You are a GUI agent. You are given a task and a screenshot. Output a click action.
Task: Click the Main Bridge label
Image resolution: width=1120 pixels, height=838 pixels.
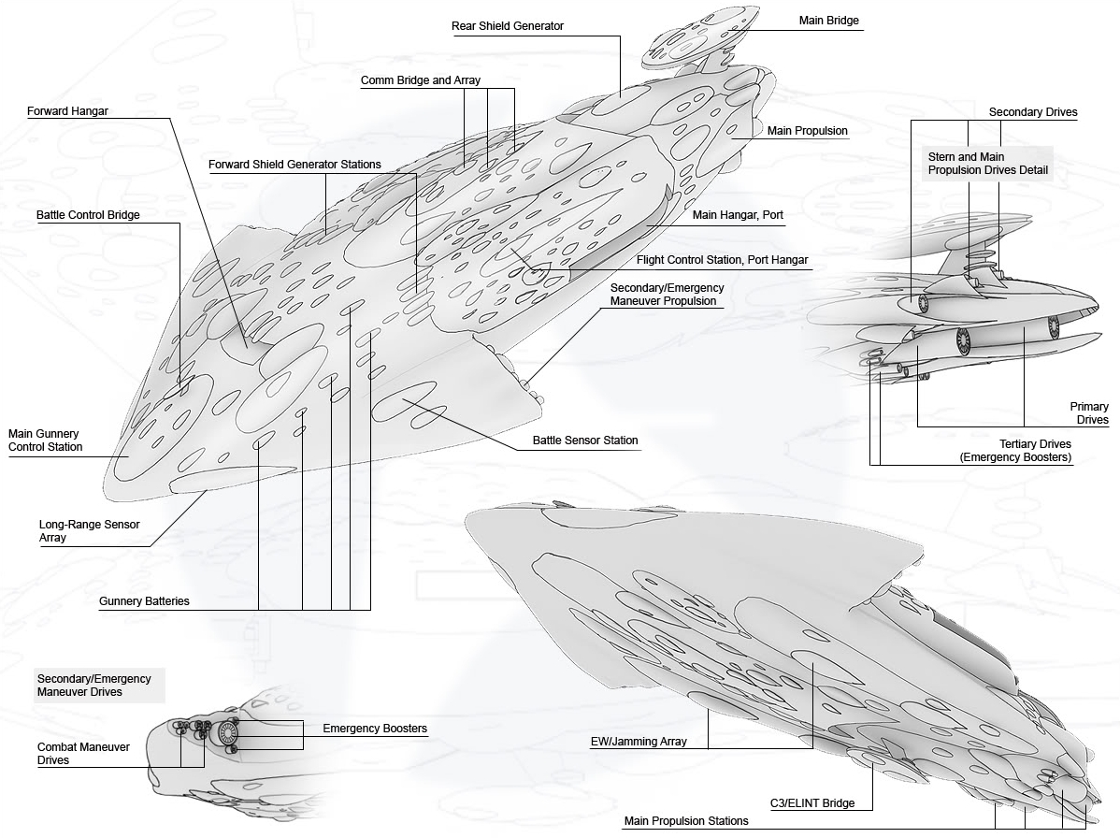(x=828, y=21)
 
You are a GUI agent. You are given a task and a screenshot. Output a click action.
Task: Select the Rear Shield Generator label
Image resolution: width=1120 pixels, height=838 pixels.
(x=507, y=25)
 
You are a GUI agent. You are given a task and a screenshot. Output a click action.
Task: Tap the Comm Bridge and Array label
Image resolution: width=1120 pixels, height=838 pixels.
(x=420, y=80)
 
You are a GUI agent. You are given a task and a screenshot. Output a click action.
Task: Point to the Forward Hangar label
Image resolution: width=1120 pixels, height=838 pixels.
(x=68, y=110)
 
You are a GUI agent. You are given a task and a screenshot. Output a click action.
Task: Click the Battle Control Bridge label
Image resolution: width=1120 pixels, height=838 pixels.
(x=88, y=215)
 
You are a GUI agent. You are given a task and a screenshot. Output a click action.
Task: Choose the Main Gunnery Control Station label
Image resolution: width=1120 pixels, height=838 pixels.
(x=45, y=441)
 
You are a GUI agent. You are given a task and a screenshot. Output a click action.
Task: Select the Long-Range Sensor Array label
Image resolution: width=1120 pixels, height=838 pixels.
(x=90, y=531)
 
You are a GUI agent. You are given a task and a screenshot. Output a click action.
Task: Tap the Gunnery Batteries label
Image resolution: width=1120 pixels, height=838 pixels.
(x=144, y=601)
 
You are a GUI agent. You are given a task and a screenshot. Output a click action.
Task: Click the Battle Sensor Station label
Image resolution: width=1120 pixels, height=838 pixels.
(x=585, y=441)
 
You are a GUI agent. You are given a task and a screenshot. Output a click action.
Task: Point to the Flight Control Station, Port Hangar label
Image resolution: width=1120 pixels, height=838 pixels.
(x=722, y=260)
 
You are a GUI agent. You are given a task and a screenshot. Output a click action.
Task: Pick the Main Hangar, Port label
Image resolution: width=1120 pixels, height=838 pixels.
(x=738, y=215)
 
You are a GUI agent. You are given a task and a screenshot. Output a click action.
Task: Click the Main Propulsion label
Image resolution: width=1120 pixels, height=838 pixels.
(x=807, y=131)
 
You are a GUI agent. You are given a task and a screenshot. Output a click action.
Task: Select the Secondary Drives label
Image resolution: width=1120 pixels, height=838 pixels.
(x=1033, y=112)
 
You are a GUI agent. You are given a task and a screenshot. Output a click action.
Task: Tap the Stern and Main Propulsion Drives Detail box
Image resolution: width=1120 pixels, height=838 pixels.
(x=987, y=164)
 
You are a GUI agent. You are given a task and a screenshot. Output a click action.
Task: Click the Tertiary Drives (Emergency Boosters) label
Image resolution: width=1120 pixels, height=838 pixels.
(x=1015, y=451)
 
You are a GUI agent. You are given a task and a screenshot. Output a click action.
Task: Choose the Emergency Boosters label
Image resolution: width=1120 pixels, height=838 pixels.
(x=375, y=729)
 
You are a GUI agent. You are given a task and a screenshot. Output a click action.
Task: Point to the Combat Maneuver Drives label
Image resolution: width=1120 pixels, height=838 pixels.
(x=83, y=754)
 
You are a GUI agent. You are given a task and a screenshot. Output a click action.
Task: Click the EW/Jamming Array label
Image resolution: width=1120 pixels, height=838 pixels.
(x=639, y=742)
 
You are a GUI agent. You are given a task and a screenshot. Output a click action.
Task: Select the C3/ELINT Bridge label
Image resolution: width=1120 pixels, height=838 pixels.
(x=812, y=803)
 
